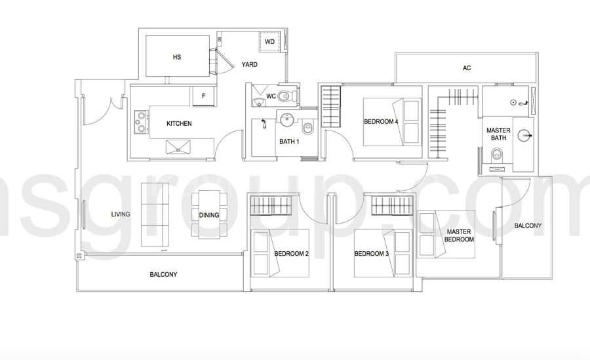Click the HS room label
click(177, 57)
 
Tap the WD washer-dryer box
click(269, 42)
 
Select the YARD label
click(250, 65)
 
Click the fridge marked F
click(204, 96)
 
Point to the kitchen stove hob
click(142, 123)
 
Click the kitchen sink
click(178, 146)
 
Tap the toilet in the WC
click(287, 96)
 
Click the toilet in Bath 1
click(308, 128)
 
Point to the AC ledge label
click(467, 68)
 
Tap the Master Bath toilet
click(498, 154)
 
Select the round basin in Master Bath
click(524, 135)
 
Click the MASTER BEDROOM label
click(459, 235)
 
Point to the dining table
click(209, 214)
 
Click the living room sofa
click(155, 214)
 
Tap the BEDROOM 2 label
click(292, 254)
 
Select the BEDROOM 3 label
click(372, 254)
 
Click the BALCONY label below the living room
click(163, 275)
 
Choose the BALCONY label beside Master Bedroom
click(528, 226)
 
